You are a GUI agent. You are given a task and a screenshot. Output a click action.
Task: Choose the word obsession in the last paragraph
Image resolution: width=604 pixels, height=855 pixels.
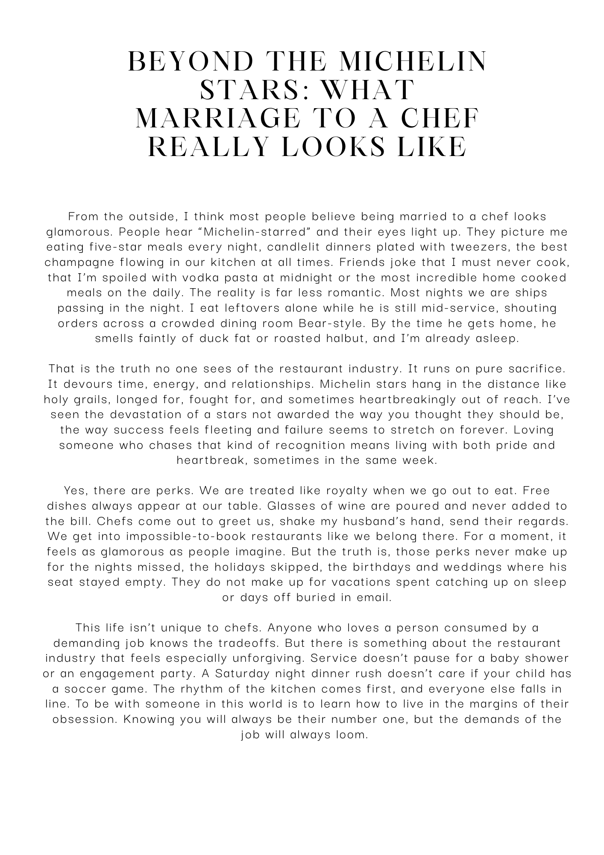pyautogui.click(x=84, y=720)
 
